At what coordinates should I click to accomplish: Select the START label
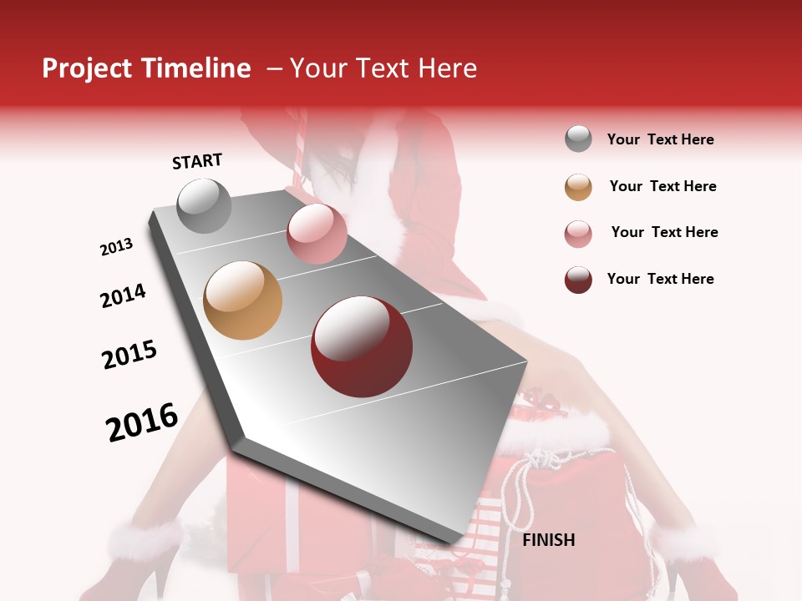point(197,161)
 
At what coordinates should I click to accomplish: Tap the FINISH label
point(548,540)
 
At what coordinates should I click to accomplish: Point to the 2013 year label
point(117,247)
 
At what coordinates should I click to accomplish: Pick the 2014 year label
point(123,295)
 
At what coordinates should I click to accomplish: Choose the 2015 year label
point(129,355)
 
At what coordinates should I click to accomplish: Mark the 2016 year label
point(142,422)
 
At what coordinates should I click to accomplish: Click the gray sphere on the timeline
point(205,205)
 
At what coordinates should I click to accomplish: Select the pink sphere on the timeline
point(317,234)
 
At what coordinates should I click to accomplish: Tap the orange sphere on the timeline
point(243,300)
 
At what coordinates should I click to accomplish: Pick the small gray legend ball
point(578,139)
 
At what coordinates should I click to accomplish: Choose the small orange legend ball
point(578,187)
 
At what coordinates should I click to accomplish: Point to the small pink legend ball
point(578,234)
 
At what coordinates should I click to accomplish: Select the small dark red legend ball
point(578,280)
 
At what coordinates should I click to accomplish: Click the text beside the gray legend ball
point(660,139)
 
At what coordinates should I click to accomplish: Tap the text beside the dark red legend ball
point(660,279)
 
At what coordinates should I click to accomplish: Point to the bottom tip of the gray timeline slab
point(452,547)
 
